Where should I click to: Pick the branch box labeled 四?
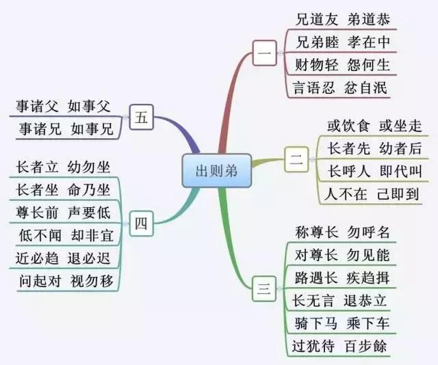click(x=140, y=222)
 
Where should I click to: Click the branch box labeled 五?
click(x=141, y=117)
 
